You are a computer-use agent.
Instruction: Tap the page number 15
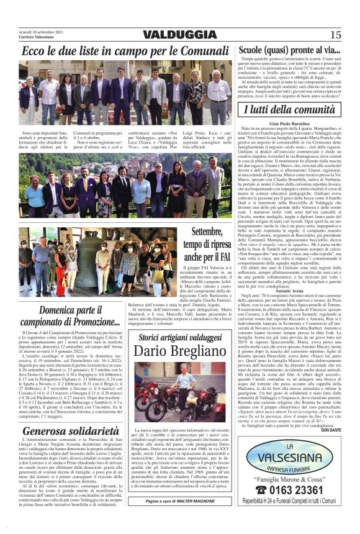click(335, 35)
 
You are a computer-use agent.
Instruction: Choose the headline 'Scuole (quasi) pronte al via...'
click(289, 50)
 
